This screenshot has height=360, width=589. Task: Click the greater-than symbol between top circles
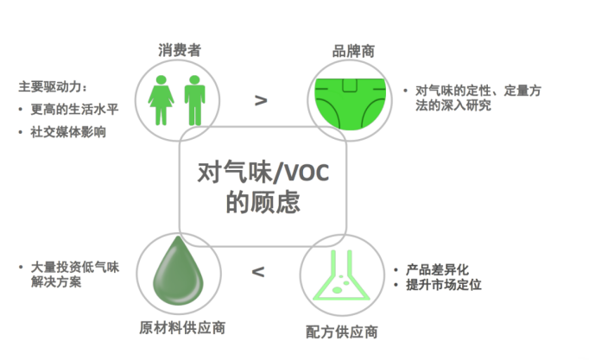coord(261,100)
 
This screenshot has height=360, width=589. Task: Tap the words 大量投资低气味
coord(73,268)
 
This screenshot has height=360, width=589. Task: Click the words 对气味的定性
coord(453,90)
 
